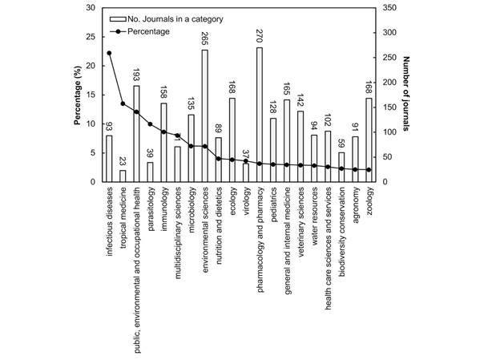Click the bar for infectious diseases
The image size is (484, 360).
pyautogui.click(x=109, y=159)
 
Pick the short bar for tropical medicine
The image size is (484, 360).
pyautogui.click(x=123, y=176)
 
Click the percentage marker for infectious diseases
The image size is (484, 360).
pyautogui.click(x=109, y=54)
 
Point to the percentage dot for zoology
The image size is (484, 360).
pyautogui.click(x=369, y=169)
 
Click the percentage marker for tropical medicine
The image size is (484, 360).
pyautogui.click(x=123, y=103)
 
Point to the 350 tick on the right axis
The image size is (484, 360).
pyautogui.click(x=389, y=8)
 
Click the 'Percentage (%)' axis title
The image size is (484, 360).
pyautogui.click(x=78, y=95)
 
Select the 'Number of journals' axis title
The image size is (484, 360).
pyautogui.click(x=408, y=95)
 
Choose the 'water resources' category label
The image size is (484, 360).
pyautogui.click(x=314, y=214)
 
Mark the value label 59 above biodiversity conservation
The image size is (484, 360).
pyautogui.click(x=341, y=143)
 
